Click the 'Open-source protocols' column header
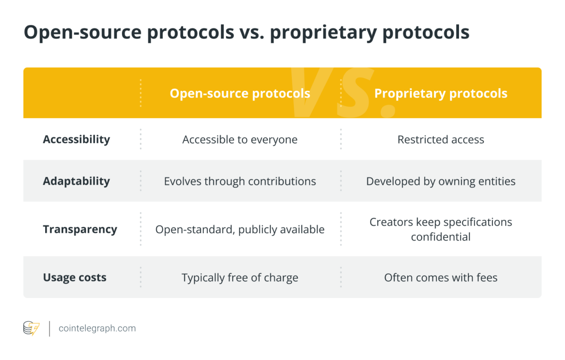click(x=240, y=93)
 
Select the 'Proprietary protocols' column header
click(x=441, y=93)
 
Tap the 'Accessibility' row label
click(x=76, y=139)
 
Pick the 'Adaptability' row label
click(x=76, y=181)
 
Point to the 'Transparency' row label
click(x=80, y=229)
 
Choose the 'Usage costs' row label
click(x=74, y=278)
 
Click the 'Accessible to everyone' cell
click(x=240, y=139)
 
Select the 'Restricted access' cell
click(x=441, y=139)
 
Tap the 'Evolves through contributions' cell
click(x=240, y=181)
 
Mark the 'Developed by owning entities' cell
click(x=441, y=181)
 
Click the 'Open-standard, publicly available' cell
click(x=240, y=229)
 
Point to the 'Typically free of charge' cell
click(x=240, y=278)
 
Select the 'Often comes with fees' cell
click(x=441, y=278)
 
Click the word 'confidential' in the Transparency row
click(x=441, y=237)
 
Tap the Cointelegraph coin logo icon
click(x=32, y=328)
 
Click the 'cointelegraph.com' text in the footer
click(x=97, y=328)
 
